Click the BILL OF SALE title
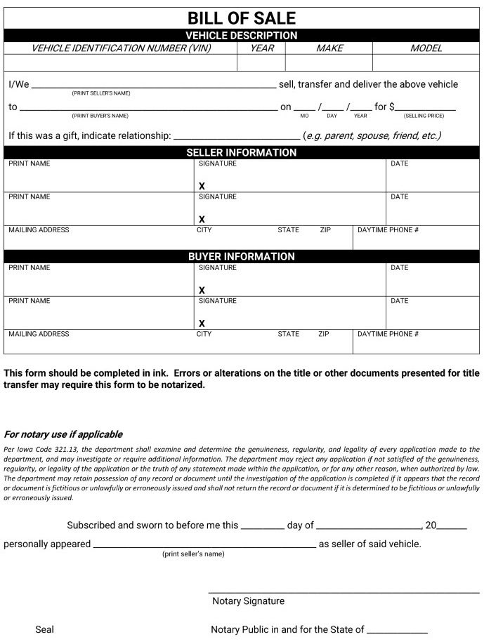click(x=242, y=18)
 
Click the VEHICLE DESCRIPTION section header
click(x=242, y=35)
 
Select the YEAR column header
click(x=261, y=48)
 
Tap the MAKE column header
click(x=329, y=48)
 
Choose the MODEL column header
click(x=426, y=48)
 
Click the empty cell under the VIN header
click(x=121, y=63)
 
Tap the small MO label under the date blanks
click(x=304, y=116)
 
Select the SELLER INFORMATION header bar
click(x=242, y=152)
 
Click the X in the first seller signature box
click(x=202, y=186)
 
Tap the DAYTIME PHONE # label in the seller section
click(x=388, y=230)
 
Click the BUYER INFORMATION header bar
click(x=242, y=257)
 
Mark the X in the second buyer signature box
click(x=202, y=323)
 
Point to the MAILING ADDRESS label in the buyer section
click(x=39, y=334)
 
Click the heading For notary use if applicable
click(x=63, y=434)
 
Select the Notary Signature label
click(x=248, y=601)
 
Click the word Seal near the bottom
click(x=44, y=630)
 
